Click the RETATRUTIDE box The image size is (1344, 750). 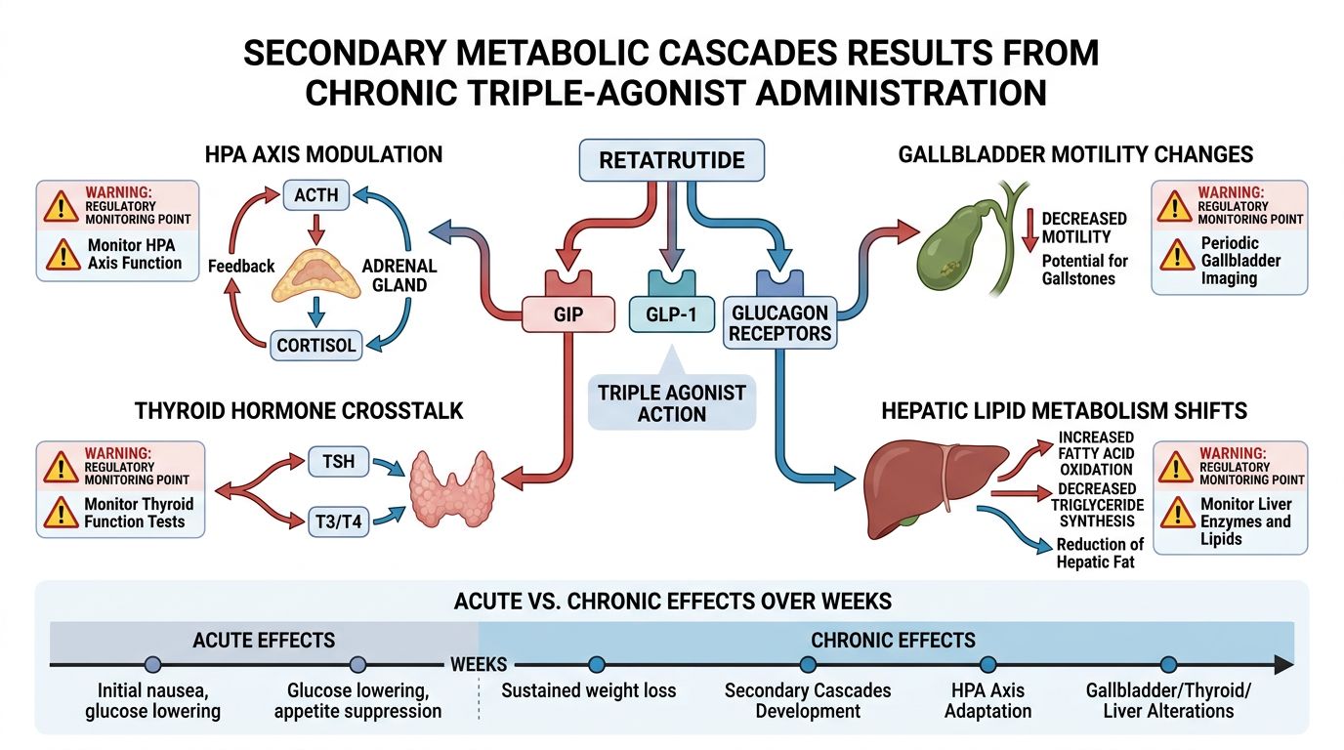pos(671,159)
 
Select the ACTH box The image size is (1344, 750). pos(315,194)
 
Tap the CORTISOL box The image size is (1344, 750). pos(315,344)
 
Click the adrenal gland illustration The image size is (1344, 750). pos(315,272)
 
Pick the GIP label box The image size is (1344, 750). pos(567,315)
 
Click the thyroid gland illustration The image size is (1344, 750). pos(450,489)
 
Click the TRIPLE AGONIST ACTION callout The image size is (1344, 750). pos(672,402)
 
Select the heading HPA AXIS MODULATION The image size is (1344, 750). pos(323,154)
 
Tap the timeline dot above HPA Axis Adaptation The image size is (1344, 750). pos(987,665)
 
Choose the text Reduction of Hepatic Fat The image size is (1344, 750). pos(1100,553)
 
